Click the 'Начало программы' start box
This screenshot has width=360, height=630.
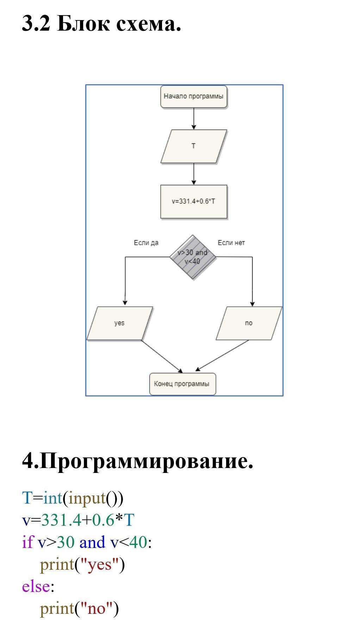[193, 96]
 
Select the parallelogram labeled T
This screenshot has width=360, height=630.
[193, 146]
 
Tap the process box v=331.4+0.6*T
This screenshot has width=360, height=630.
[193, 201]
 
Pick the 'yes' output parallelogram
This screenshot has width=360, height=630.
[119, 323]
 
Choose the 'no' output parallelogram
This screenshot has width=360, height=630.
[249, 323]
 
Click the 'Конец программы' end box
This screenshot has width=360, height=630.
[182, 384]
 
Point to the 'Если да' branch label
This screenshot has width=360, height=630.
[146, 243]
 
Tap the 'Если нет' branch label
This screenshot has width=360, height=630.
[231, 243]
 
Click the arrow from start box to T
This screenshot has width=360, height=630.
[193, 118]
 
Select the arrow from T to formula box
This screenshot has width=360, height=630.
[193, 174]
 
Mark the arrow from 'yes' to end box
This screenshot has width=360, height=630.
[162, 356]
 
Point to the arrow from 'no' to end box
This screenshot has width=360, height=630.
[222, 356]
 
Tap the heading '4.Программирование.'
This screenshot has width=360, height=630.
[137, 461]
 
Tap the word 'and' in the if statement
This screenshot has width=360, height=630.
[92, 542]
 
